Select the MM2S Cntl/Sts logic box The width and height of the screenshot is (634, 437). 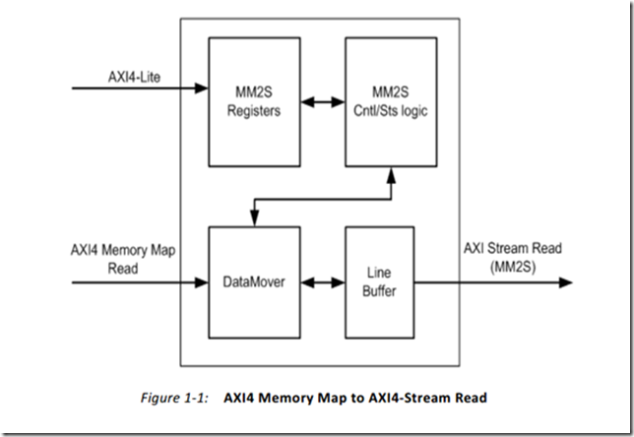click(x=390, y=102)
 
